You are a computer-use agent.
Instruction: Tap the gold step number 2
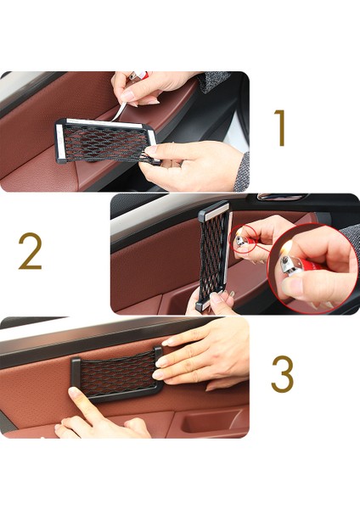[30, 251]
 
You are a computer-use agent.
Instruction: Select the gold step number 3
[283, 374]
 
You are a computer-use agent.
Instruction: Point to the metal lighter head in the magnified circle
[287, 265]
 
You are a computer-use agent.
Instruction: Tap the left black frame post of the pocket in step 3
[76, 373]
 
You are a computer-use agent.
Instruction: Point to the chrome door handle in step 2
[282, 197]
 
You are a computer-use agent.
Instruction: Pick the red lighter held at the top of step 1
[139, 76]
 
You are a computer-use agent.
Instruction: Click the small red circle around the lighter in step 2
[245, 241]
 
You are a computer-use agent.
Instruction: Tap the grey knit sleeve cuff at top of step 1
[213, 81]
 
